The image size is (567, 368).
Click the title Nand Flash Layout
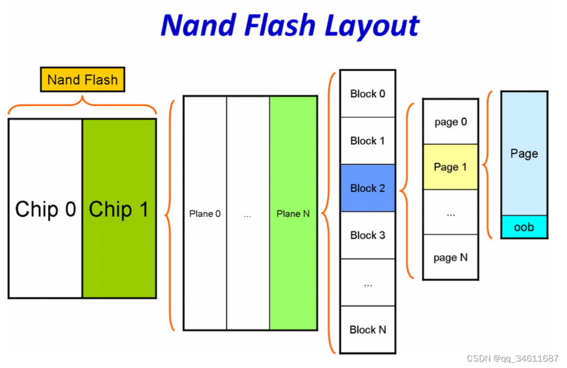pyautogui.click(x=290, y=25)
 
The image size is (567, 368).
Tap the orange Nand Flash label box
pyautogui.click(x=82, y=80)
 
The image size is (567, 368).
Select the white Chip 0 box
pyautogui.click(x=45, y=209)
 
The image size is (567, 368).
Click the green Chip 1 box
pyautogui.click(x=119, y=209)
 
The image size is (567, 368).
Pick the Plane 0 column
pyautogui.click(x=205, y=213)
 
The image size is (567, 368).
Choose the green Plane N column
pyautogui.click(x=293, y=213)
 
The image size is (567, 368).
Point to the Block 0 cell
pyautogui.click(x=367, y=93)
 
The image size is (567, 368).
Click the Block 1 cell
pyautogui.click(x=367, y=140)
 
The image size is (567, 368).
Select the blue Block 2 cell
pyautogui.click(x=367, y=188)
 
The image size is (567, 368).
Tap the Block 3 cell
pyautogui.click(x=367, y=235)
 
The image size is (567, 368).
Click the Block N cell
pyautogui.click(x=367, y=330)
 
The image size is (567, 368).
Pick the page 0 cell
pyautogui.click(x=450, y=122)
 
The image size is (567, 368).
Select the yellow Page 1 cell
pyautogui.click(x=450, y=167)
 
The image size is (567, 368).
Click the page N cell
pyautogui.click(x=450, y=257)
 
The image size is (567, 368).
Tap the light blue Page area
pyautogui.click(x=524, y=153)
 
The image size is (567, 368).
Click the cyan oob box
pyautogui.click(x=524, y=227)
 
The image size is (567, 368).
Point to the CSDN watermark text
pyautogui.click(x=512, y=358)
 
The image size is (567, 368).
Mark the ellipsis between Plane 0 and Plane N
pyautogui.click(x=248, y=214)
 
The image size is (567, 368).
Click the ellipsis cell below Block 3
pyautogui.click(x=367, y=283)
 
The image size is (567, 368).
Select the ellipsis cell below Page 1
pyautogui.click(x=450, y=212)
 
